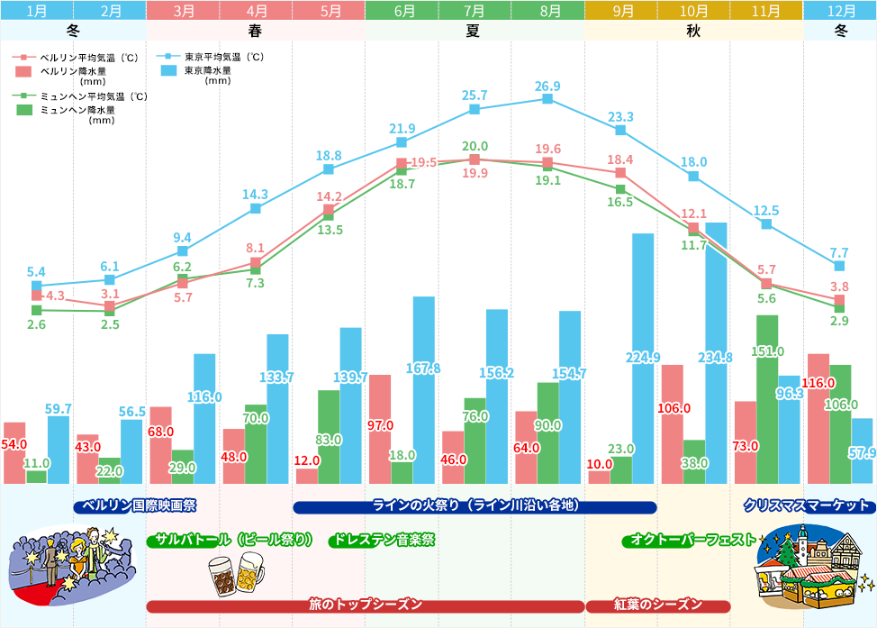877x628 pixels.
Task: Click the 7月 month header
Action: (x=475, y=11)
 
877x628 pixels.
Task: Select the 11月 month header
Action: (x=766, y=11)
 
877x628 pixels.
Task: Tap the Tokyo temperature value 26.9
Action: (x=547, y=86)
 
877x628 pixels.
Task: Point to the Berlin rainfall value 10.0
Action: (x=599, y=464)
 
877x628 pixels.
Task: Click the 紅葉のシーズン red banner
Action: (x=658, y=605)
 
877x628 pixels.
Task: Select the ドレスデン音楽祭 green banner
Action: (x=382, y=541)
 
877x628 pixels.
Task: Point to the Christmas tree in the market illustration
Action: (x=791, y=550)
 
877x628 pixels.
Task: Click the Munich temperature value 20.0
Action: (x=475, y=146)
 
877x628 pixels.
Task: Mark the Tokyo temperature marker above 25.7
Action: (x=475, y=110)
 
